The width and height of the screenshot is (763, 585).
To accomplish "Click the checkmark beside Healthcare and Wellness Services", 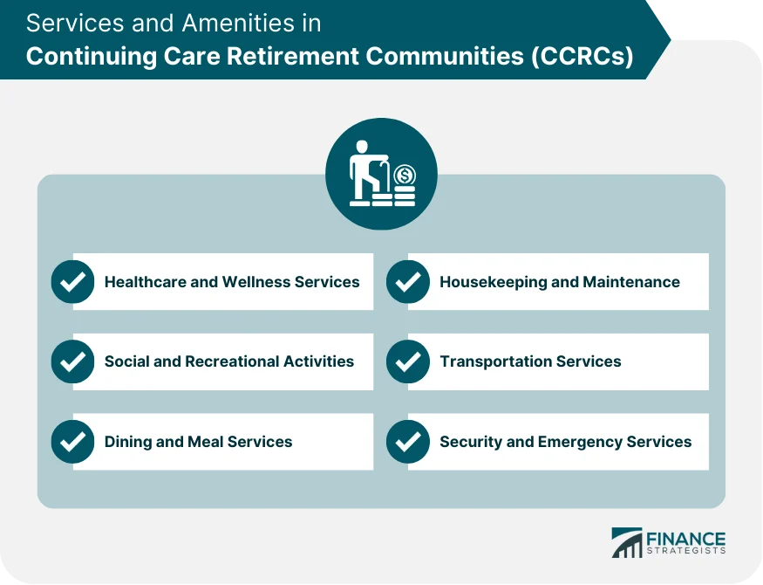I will [72, 282].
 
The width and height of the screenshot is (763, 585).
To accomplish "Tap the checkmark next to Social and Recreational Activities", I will [72, 361].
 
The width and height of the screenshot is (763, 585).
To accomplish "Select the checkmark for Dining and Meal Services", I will [72, 442].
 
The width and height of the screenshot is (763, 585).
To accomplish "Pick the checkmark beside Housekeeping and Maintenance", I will [407, 282].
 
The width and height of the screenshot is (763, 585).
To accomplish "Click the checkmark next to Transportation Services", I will [407, 361].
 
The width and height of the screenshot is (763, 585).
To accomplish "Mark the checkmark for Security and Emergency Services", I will [407, 442].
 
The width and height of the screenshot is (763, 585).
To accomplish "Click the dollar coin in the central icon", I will [404, 175].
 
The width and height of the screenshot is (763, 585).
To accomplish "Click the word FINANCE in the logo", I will [685, 538].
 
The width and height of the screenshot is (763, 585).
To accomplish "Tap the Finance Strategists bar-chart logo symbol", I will [627, 543].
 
